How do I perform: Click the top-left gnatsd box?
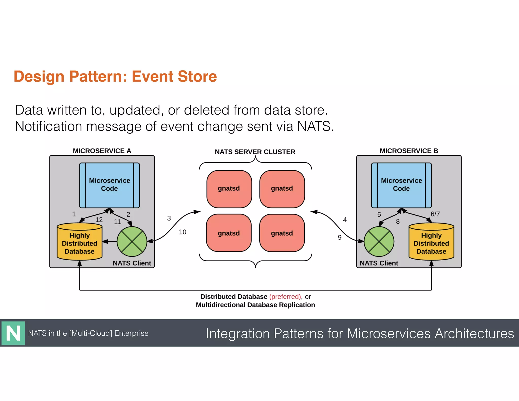click(229, 189)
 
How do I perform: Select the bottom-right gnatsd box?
click(282, 233)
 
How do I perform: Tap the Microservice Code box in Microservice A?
click(109, 185)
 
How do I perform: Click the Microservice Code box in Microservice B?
click(401, 185)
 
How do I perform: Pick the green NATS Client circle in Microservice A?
click(132, 242)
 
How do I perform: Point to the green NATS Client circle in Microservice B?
click(379, 242)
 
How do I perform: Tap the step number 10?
click(182, 232)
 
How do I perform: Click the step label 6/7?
click(435, 214)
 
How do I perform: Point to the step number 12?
click(99, 220)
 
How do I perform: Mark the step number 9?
click(340, 238)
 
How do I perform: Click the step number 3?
click(169, 218)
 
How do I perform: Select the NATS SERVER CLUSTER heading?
click(255, 152)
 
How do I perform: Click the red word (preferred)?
click(285, 297)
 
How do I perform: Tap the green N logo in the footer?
click(13, 333)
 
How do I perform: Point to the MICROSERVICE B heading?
click(409, 151)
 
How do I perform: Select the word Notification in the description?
click(48, 126)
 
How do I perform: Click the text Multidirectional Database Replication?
click(255, 305)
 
